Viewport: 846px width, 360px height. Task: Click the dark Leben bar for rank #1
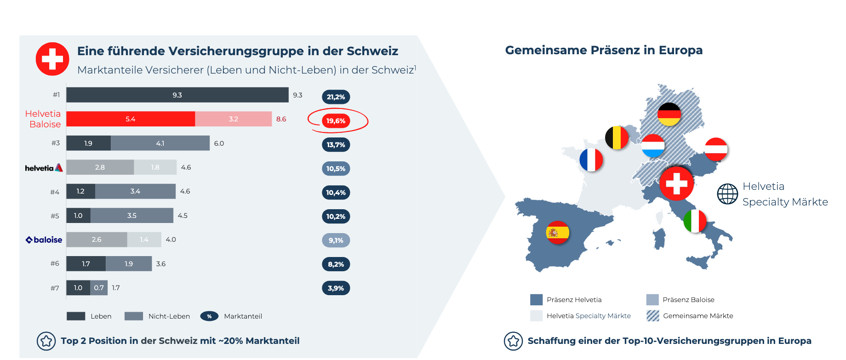coord(177,95)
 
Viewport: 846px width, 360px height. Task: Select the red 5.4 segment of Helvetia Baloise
coord(131,119)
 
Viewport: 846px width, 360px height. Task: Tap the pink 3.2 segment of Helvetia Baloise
coord(234,119)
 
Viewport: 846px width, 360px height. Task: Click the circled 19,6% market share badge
coord(336,121)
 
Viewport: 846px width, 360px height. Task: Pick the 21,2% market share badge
coord(336,97)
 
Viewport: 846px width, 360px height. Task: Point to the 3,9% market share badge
coord(336,288)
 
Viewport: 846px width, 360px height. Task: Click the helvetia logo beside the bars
coord(44,168)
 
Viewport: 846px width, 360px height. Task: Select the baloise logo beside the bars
coord(44,240)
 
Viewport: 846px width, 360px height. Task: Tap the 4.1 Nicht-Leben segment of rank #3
coord(160,143)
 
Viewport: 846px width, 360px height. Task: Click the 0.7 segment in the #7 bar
coord(99,288)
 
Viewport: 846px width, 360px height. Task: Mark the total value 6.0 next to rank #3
coord(219,143)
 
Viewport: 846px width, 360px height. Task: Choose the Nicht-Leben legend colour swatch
coord(134,316)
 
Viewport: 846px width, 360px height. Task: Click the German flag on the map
coord(669,114)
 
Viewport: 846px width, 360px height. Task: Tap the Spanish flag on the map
coord(558,233)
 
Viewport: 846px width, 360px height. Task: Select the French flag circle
coord(591,160)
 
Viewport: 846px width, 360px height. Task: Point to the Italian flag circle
coord(695,221)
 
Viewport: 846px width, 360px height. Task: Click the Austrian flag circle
coord(716,149)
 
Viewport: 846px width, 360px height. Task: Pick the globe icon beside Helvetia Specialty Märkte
coord(727,194)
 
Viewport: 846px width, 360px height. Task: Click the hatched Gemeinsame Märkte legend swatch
coord(653,316)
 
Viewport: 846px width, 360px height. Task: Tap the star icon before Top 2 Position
coord(46,341)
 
